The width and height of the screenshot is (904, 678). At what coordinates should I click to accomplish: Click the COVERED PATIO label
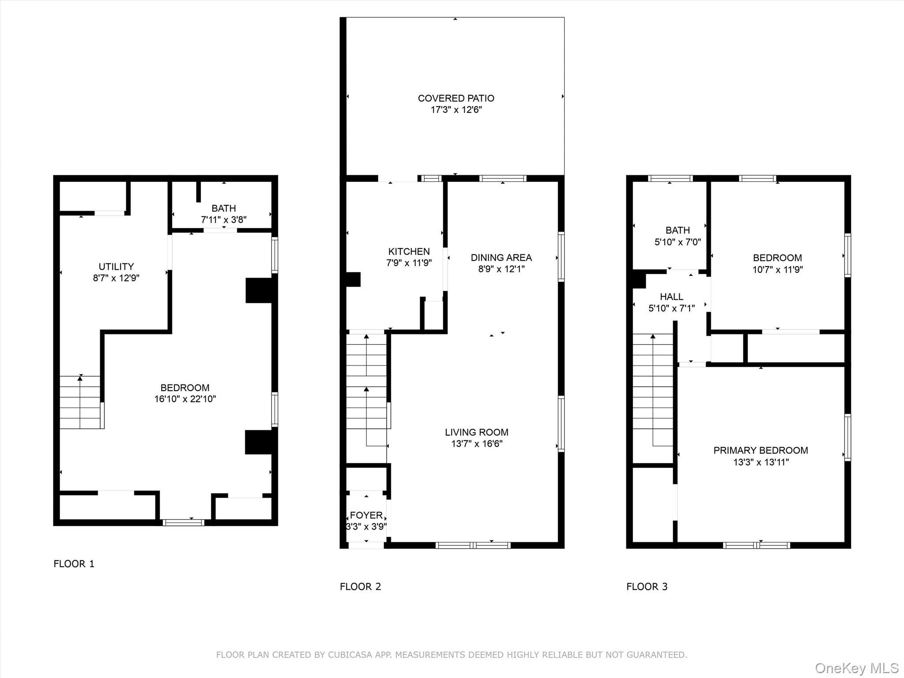[x=456, y=98]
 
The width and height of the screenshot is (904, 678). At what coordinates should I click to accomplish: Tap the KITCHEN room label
[x=409, y=252]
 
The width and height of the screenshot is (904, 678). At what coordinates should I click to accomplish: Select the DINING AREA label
[x=501, y=257]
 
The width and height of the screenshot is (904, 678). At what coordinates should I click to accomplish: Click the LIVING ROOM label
[x=476, y=432]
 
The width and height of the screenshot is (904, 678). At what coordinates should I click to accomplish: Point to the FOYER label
[x=366, y=515]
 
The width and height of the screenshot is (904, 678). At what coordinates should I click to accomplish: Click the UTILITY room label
[x=116, y=267]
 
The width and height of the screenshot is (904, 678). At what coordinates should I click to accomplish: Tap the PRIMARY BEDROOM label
[x=761, y=450]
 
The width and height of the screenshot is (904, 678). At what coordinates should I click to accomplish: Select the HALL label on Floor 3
[x=671, y=297]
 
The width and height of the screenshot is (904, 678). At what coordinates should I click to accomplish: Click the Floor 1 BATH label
[x=223, y=208]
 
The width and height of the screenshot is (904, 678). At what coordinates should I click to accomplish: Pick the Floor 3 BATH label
[x=678, y=230]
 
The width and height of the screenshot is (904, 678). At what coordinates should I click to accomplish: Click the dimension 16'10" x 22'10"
[x=185, y=399]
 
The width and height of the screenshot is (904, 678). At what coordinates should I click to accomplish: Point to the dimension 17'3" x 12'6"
[x=456, y=109]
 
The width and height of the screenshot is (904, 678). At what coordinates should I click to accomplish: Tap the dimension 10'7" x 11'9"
[x=777, y=269]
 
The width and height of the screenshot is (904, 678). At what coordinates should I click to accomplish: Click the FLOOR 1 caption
[x=74, y=564]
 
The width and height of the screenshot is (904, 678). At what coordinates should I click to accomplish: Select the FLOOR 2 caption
[x=360, y=587]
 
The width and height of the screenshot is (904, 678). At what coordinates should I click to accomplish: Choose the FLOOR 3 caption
[x=647, y=587]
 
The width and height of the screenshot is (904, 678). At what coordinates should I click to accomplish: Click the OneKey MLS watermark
[x=857, y=668]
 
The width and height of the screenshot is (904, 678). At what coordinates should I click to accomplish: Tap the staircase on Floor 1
[x=80, y=402]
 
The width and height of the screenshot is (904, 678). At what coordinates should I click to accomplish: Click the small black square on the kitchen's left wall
[x=353, y=279]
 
